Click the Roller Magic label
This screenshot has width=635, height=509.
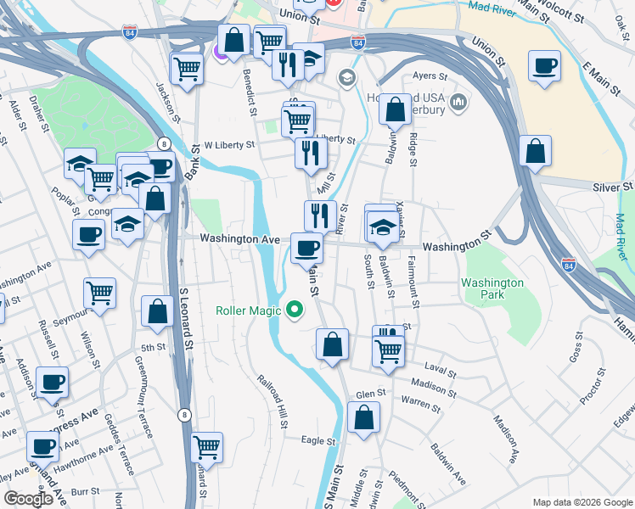pyautogui.click(x=249, y=310)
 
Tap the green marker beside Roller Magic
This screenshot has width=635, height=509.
pyautogui.click(x=295, y=310)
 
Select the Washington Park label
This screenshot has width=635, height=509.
pyautogui.click(x=492, y=288)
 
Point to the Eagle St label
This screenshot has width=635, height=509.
pyautogui.click(x=319, y=441)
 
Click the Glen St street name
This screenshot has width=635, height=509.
pyautogui.click(x=371, y=394)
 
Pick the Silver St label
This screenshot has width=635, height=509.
pyautogui.click(x=614, y=187)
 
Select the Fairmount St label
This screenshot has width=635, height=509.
pyautogui.click(x=414, y=283)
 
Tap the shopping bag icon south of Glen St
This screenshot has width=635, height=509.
pyautogui.click(x=363, y=418)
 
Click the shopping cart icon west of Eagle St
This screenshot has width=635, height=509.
pyautogui.click(x=207, y=446)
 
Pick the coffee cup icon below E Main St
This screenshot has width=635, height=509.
pyautogui.click(x=543, y=66)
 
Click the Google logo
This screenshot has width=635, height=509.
pyautogui.click(x=28, y=499)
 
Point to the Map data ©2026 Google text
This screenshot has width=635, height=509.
pyautogui.click(x=582, y=502)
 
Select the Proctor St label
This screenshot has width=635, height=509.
pyautogui.click(x=585, y=385)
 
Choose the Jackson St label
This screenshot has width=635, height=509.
pyautogui.click(x=167, y=100)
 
